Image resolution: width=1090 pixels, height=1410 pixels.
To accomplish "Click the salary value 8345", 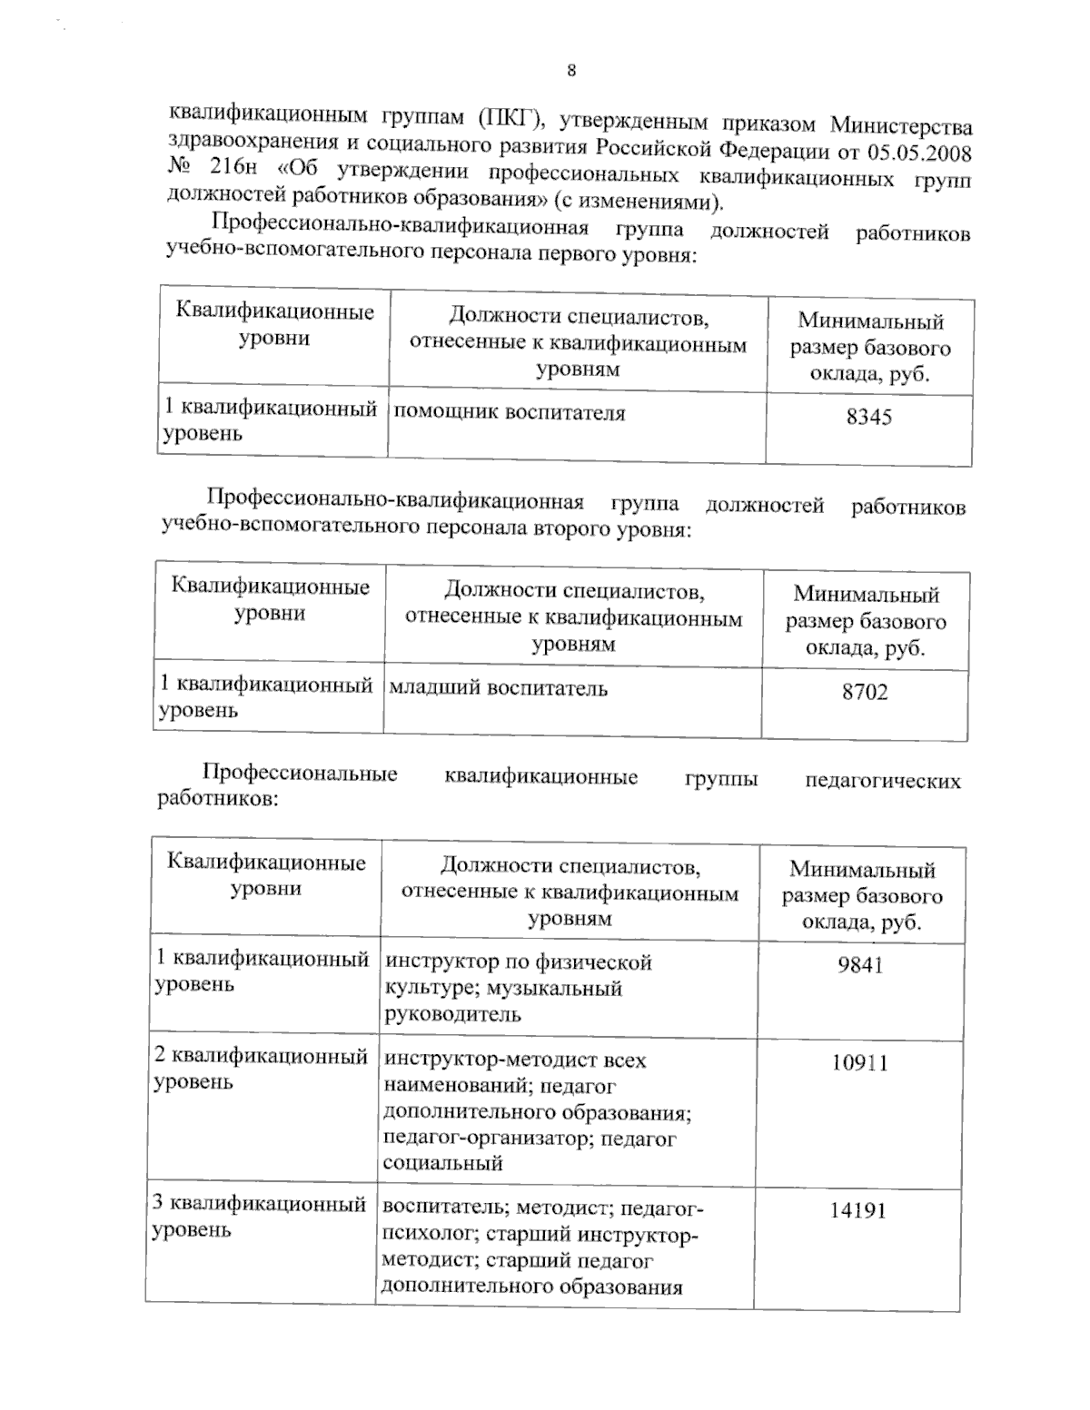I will pyautogui.click(x=868, y=418).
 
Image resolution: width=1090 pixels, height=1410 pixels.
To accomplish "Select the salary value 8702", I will pyautogui.click(x=865, y=693).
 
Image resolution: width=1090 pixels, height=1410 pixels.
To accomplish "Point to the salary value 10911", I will pyautogui.click(x=858, y=1063).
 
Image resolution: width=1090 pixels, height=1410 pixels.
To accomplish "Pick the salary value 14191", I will pyautogui.click(x=857, y=1211).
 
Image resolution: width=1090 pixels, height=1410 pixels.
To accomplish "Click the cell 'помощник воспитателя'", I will pyautogui.click(x=509, y=414).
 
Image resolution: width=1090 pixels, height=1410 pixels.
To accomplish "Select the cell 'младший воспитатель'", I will pyautogui.click(x=498, y=689).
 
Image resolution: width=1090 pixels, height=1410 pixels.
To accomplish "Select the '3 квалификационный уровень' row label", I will pyautogui.click(x=259, y=1218).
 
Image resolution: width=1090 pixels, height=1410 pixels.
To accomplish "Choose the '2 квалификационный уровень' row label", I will pyautogui.click(x=261, y=1070).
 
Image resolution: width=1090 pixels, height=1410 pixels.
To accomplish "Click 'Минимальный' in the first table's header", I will pyautogui.click(x=870, y=321).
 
